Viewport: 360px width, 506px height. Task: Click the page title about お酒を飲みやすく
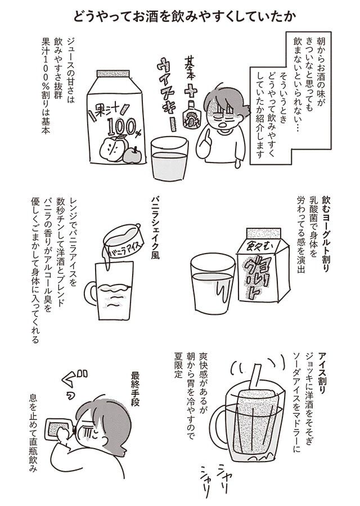184,16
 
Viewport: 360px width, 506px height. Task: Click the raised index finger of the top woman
207,137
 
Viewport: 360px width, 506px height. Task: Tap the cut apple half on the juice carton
111,148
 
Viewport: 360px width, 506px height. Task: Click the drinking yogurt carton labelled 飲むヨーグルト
263,264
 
